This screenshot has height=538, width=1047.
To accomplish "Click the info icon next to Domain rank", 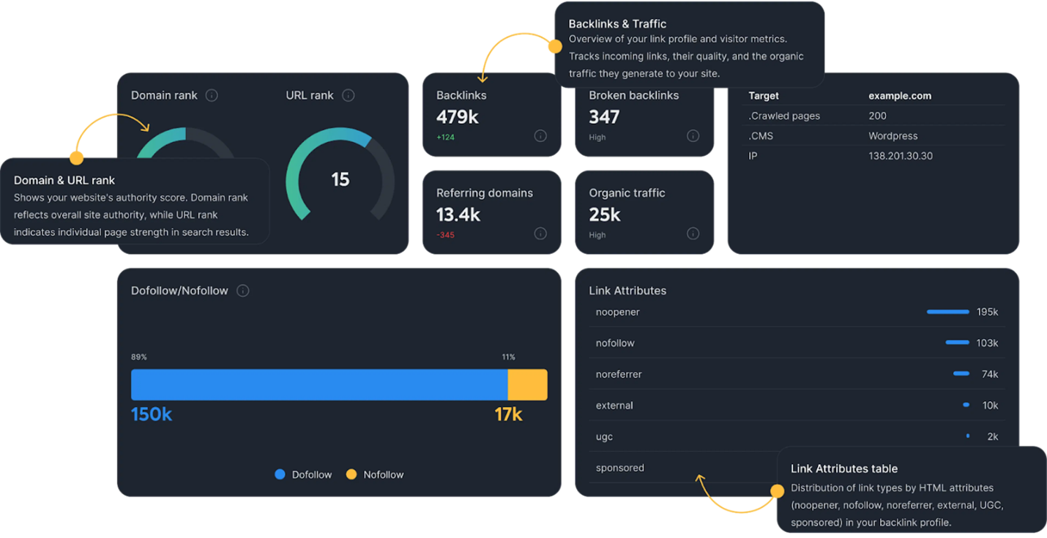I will click(x=212, y=95).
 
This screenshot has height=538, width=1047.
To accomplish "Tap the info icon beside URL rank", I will click(x=349, y=95).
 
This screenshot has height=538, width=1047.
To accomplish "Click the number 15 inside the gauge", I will click(x=340, y=179).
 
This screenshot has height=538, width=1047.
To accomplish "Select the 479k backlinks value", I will click(x=458, y=117).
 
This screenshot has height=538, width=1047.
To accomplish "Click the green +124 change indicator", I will click(x=445, y=137).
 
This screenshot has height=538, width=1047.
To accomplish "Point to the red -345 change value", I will click(x=445, y=235).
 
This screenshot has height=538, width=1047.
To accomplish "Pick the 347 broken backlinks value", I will click(x=604, y=117).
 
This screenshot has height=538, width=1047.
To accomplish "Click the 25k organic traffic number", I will click(x=605, y=214).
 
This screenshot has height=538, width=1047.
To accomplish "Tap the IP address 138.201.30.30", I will click(x=901, y=156).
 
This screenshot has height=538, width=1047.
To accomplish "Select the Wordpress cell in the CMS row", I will click(x=893, y=136).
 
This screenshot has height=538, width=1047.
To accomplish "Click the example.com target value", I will click(x=900, y=96).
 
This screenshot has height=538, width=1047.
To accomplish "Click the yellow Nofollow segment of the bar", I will click(x=527, y=384).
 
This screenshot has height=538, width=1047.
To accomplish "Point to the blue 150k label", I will click(x=152, y=414).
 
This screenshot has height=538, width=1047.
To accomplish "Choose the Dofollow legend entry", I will click(x=303, y=474).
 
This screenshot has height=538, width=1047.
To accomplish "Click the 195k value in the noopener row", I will click(x=987, y=312).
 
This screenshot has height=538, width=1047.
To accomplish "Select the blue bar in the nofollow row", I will click(x=957, y=343).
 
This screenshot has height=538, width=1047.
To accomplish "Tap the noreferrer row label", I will click(x=619, y=374).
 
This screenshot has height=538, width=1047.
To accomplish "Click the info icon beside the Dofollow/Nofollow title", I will click(x=243, y=291).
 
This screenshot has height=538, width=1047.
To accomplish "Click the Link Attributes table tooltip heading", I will click(x=843, y=468).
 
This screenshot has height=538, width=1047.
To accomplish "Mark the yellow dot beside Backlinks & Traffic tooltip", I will click(x=554, y=46).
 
